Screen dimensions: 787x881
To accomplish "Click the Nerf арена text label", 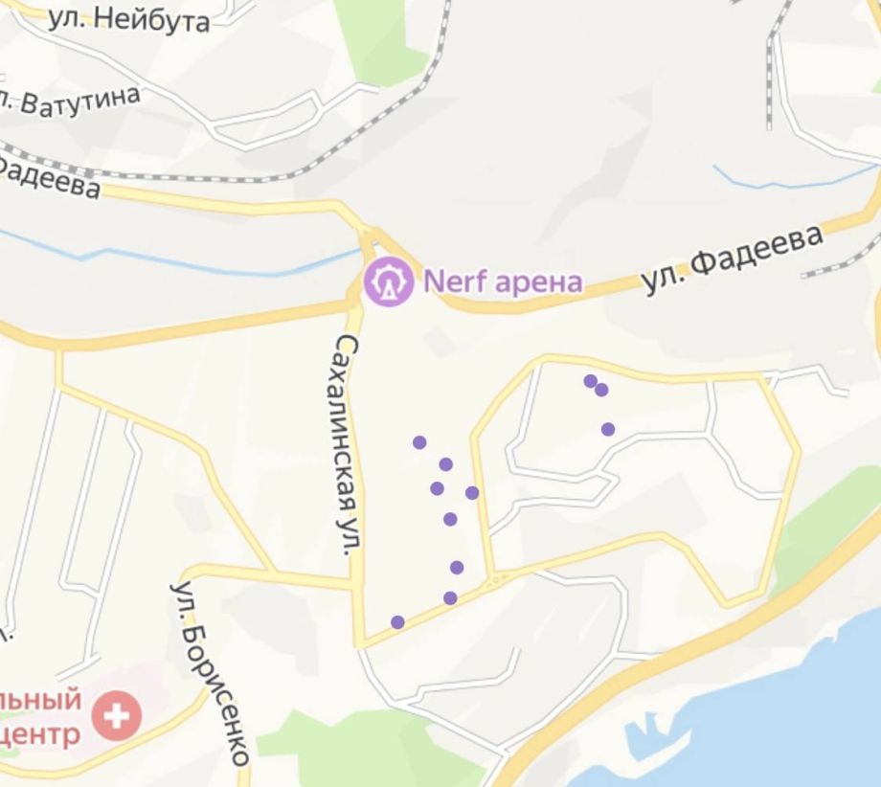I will point(503,281).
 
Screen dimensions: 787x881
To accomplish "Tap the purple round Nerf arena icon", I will point(388,281).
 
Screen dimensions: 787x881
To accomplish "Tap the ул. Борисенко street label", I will point(211,670).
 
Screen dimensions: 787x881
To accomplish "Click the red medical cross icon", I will point(116,715).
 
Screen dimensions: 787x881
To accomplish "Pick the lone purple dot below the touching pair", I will point(608,429).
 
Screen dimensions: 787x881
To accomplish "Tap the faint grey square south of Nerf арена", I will point(439,340).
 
